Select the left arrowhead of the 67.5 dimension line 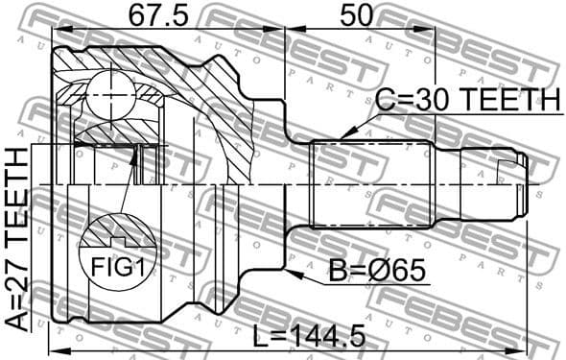click(x=56, y=29)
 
